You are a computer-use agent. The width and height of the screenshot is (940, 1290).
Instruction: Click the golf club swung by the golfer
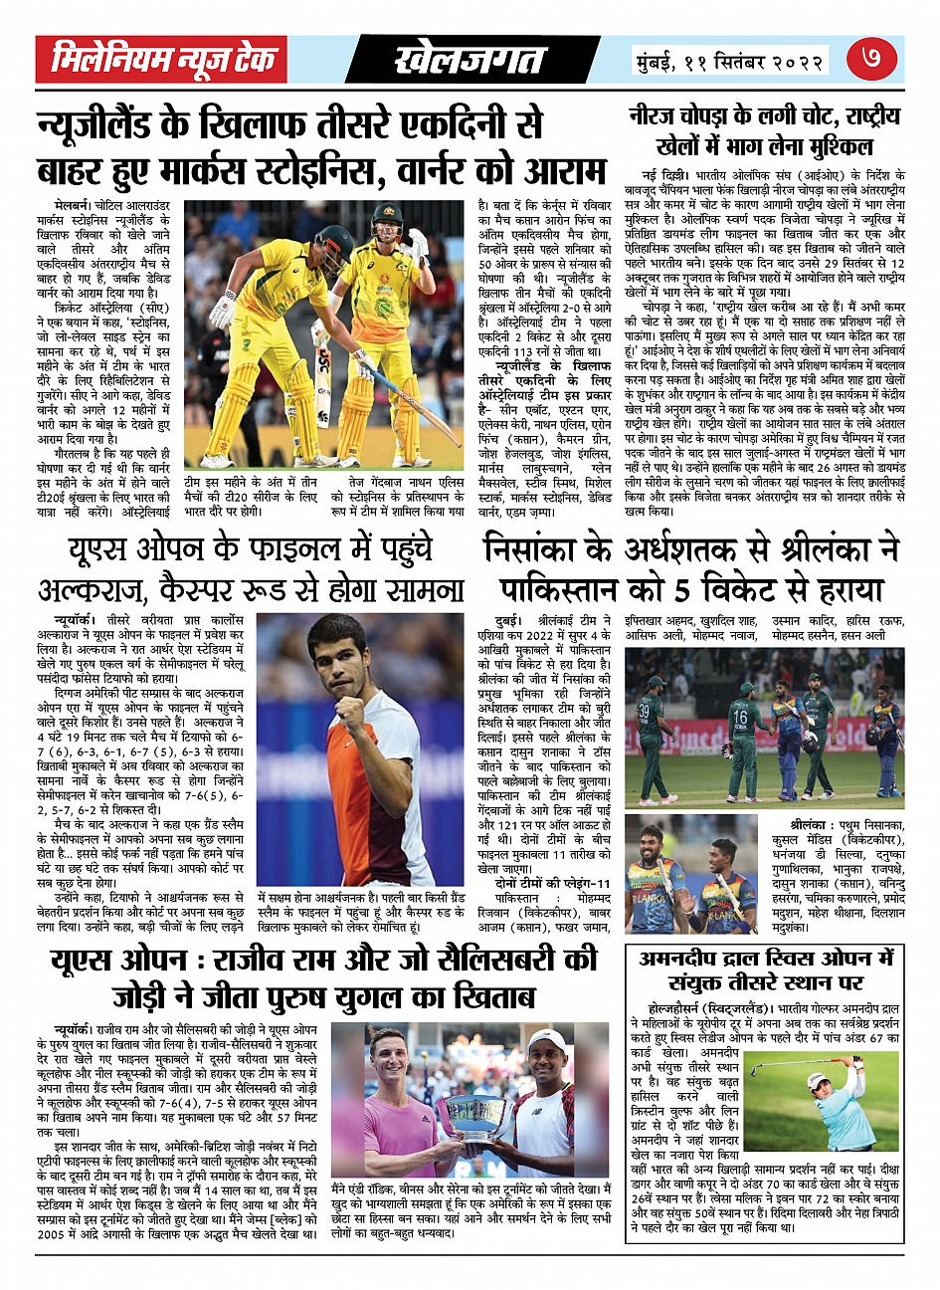pyautogui.click(x=796, y=1066)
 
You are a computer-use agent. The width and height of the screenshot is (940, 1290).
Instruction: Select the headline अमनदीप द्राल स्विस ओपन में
pyautogui.click(x=767, y=959)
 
